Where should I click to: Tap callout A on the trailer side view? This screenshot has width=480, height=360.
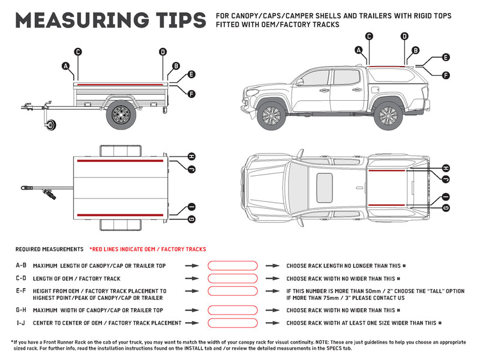click(x=65, y=65)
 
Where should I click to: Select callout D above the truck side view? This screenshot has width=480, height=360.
click(x=404, y=37)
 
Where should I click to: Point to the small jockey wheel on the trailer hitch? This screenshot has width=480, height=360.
click(x=51, y=125)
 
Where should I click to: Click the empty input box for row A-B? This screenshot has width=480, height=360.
click(x=232, y=265)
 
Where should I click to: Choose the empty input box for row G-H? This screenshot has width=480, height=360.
click(x=232, y=310)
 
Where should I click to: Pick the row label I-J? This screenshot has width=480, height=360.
click(x=21, y=323)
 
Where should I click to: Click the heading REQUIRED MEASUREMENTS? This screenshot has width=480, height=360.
click(x=49, y=249)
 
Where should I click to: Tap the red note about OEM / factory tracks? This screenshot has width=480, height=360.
click(x=147, y=249)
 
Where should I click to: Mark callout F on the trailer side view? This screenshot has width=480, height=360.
click(x=191, y=94)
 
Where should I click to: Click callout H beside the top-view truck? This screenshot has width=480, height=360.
click(x=446, y=168)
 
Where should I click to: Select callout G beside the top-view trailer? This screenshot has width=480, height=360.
click(x=191, y=219)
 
